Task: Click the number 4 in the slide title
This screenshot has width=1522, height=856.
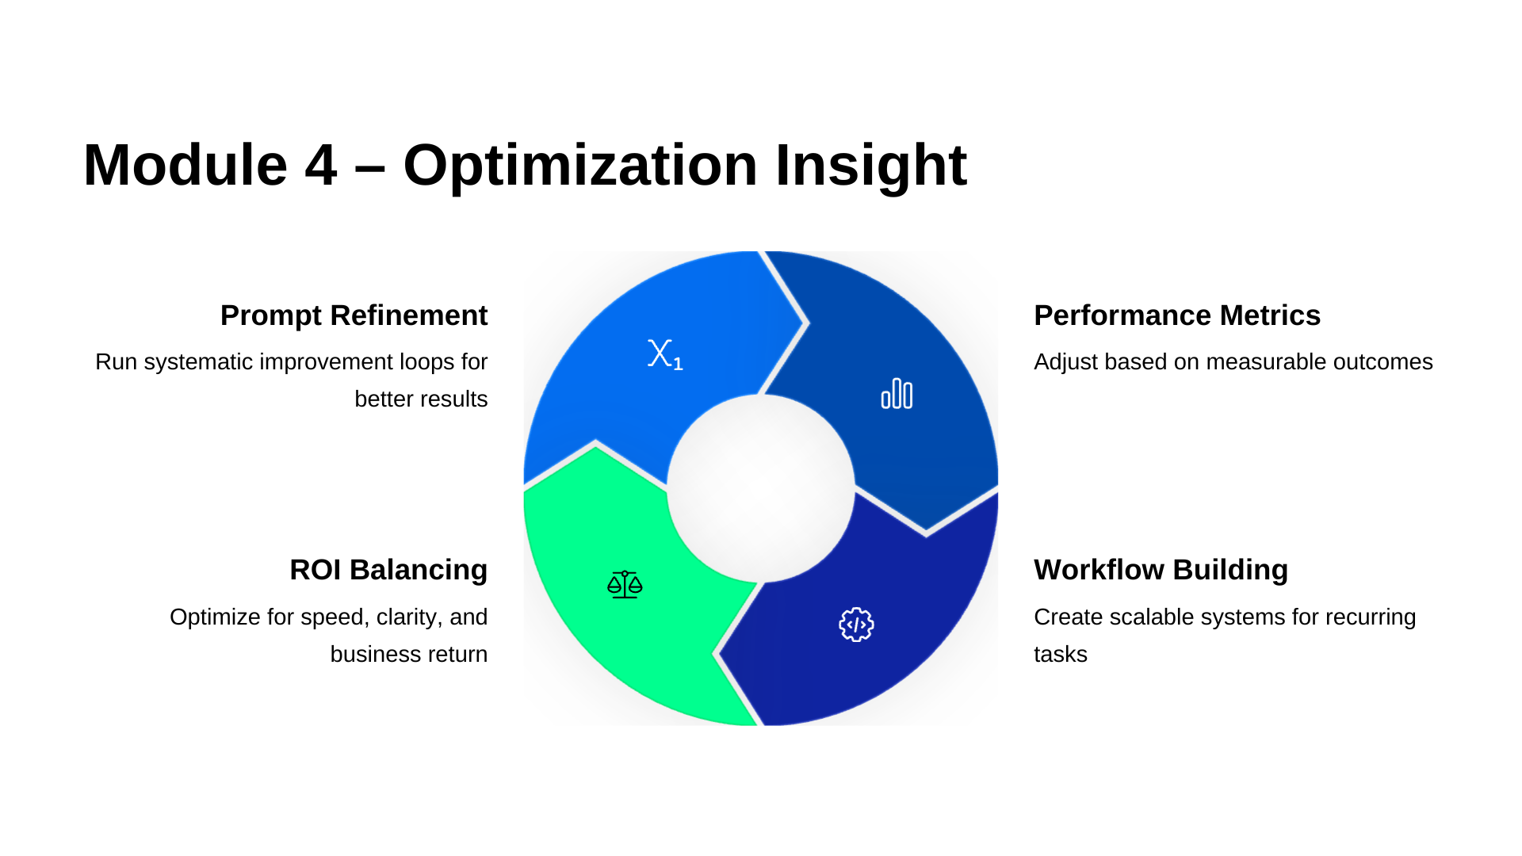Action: point(320,166)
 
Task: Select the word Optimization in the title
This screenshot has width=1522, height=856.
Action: point(580,166)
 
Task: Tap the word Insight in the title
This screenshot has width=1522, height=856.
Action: point(870,166)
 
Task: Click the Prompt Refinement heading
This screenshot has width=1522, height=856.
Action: point(354,315)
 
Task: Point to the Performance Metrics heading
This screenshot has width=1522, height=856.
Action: point(1176,315)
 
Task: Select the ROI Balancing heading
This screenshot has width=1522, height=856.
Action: point(388,570)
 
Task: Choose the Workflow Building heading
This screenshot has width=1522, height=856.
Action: point(1161,570)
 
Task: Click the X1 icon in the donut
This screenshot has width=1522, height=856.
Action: point(664,354)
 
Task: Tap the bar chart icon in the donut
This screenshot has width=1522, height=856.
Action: point(897,394)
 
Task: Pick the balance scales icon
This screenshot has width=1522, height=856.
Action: point(625,585)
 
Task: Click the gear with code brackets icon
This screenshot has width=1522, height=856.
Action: point(856,625)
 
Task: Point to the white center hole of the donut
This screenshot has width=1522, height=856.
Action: point(761,488)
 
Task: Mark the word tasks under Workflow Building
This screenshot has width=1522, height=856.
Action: point(1060,655)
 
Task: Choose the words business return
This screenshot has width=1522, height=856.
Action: point(408,655)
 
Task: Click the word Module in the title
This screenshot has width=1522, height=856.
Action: point(185,166)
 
